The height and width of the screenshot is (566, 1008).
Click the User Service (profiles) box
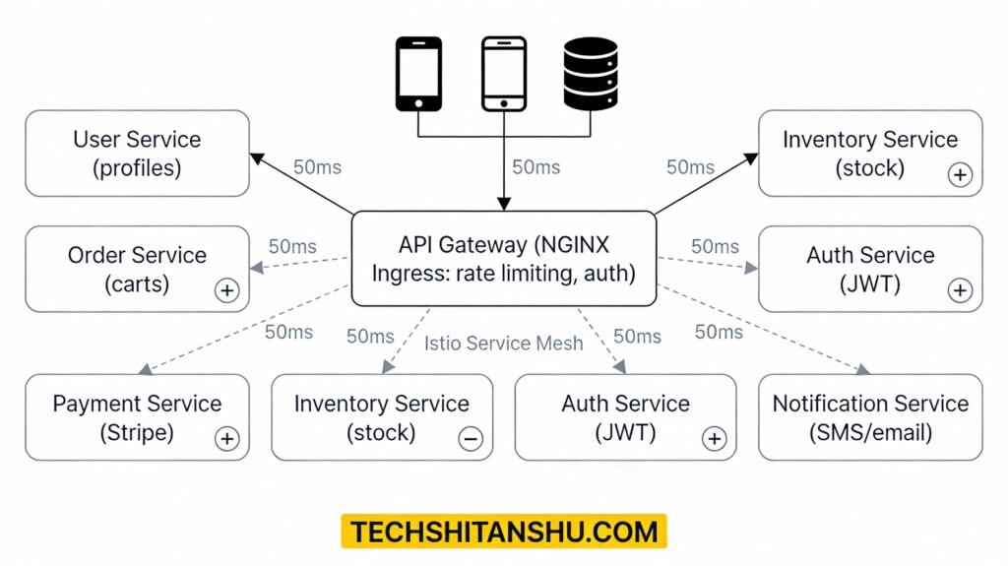point(137,154)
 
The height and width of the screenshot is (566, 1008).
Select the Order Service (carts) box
point(137,269)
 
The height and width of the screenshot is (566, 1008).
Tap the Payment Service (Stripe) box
point(137,417)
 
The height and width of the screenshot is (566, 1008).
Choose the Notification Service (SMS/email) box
point(870,417)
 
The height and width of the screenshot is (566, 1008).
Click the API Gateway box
point(503,258)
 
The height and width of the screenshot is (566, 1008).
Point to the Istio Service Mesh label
point(503,344)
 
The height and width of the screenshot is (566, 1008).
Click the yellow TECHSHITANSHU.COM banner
point(503,532)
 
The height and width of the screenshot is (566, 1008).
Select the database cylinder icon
point(591,74)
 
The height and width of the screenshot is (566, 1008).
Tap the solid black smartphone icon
point(417,74)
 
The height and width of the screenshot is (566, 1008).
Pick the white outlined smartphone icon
point(503,74)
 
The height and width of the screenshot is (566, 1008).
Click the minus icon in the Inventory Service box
point(471,439)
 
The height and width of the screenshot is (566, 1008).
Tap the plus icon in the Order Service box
point(226,290)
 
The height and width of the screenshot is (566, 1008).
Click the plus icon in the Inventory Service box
point(959,175)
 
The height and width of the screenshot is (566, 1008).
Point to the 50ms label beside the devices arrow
point(536,167)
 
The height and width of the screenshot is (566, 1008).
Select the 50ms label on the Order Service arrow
point(292,246)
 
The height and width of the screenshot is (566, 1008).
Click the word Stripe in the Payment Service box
point(137,432)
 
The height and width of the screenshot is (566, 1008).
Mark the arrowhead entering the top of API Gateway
point(503,204)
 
